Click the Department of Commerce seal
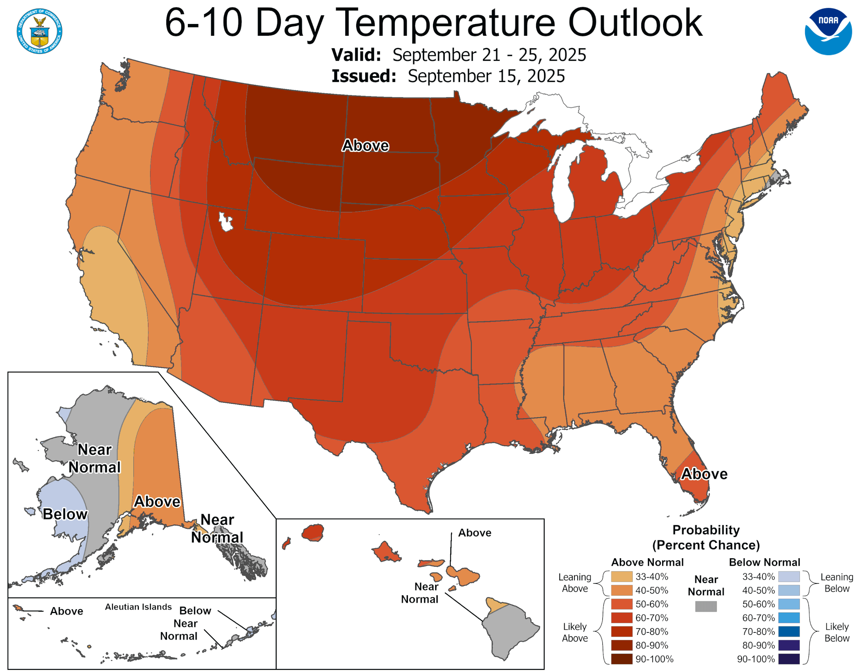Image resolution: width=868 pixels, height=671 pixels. click(39, 31)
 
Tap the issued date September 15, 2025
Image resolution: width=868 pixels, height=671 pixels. click(486, 76)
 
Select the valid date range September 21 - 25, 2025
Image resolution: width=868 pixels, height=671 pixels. click(489, 55)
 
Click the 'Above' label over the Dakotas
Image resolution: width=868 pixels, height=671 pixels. click(365, 146)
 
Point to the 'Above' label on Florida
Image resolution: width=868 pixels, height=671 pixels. click(704, 474)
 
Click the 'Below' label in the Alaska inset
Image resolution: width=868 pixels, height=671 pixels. click(65, 514)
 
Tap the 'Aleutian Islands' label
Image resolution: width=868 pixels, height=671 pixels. click(138, 607)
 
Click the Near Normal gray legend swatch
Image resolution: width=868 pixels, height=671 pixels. click(706, 606)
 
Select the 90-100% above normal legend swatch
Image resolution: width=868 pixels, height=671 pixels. click(621, 659)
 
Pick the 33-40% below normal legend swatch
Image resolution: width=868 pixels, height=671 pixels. click(788, 577)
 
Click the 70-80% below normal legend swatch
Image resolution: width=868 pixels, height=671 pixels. click(788, 631)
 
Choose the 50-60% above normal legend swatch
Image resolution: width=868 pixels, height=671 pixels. click(621, 604)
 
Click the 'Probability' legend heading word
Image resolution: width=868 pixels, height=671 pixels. click(706, 530)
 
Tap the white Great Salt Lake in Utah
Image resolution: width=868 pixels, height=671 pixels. click(225, 222)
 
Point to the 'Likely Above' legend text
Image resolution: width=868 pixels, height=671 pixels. click(574, 632)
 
